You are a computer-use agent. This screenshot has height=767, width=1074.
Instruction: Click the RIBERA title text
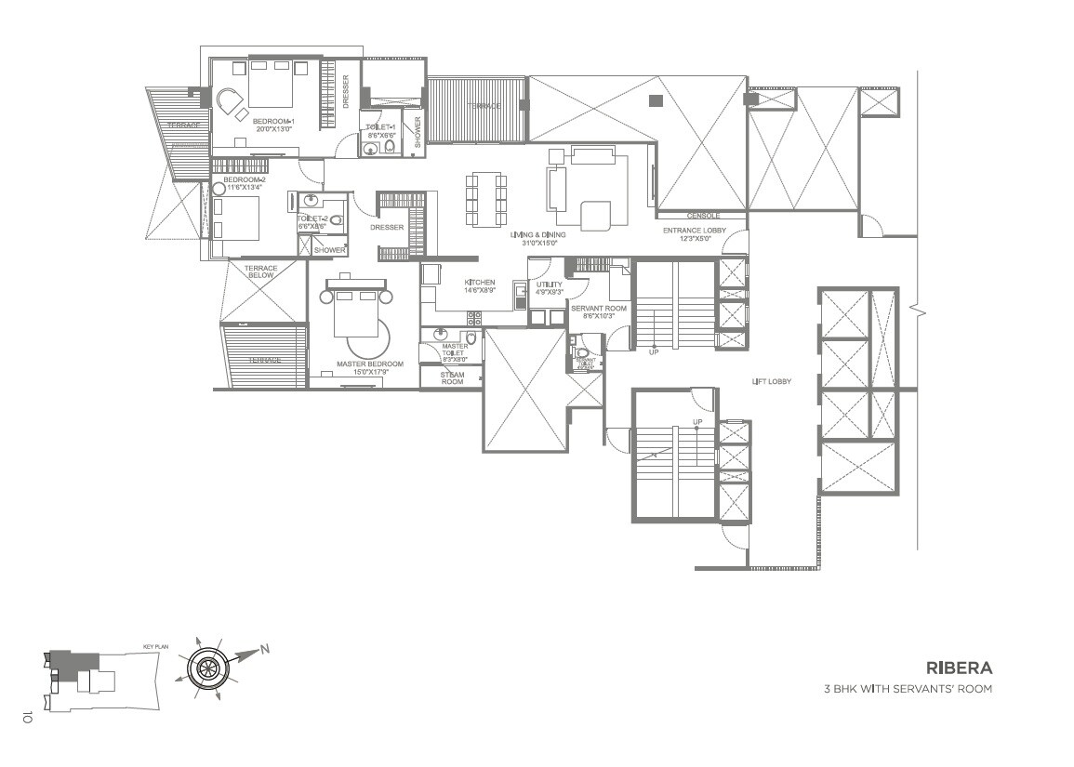click(959, 668)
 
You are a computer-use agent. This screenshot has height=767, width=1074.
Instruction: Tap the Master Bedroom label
click(369, 364)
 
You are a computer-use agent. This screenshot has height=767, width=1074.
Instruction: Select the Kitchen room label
click(480, 283)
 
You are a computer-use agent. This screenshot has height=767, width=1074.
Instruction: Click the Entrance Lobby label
click(694, 230)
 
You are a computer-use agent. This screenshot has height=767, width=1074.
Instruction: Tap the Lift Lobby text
click(771, 381)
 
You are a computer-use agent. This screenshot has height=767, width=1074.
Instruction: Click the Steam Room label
click(452, 377)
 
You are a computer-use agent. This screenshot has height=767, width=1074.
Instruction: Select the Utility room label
click(550, 284)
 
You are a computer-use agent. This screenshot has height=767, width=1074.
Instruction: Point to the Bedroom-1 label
click(273, 122)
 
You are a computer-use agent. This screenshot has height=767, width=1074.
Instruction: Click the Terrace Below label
click(261, 272)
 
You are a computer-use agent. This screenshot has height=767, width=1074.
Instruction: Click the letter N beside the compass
click(264, 649)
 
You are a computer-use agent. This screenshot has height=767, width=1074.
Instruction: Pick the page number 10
click(27, 717)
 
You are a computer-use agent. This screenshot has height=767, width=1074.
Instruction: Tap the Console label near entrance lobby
click(703, 216)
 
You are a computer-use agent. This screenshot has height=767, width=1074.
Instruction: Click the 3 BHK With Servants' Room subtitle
click(907, 689)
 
